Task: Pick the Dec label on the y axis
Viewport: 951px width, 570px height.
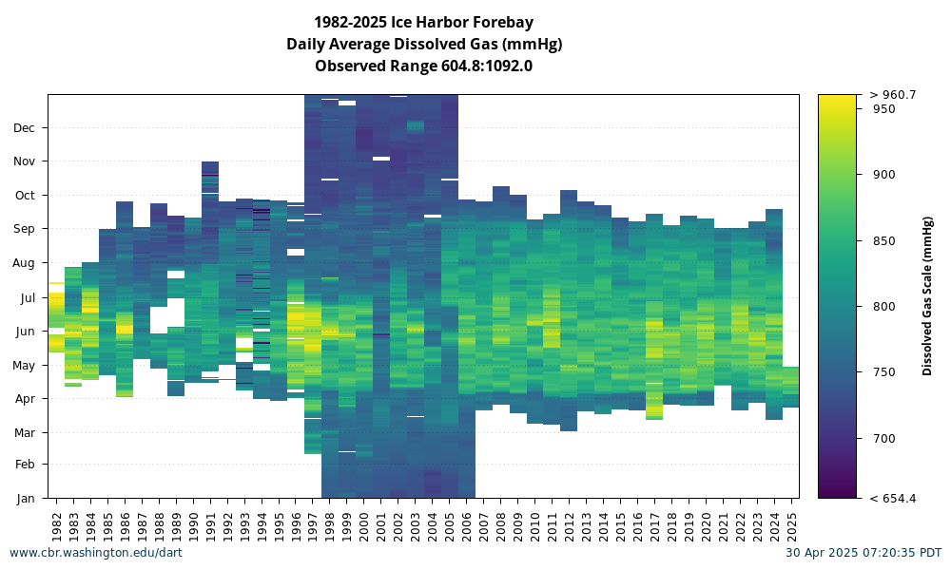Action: (25, 128)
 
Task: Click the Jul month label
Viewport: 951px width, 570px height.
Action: (28, 298)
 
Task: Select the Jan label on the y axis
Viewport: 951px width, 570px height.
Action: (26, 499)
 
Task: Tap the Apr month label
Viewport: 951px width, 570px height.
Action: (26, 399)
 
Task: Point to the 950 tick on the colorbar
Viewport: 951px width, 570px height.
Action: (883, 109)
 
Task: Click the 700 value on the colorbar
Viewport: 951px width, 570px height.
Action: (883, 439)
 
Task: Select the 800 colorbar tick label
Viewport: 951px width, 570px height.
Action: (883, 307)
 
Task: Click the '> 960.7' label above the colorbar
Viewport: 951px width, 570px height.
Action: (893, 94)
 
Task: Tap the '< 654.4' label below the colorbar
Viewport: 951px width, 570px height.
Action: (893, 499)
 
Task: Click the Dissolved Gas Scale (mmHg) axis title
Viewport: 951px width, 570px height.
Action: (926, 296)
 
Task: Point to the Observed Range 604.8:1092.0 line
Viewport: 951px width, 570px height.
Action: (423, 66)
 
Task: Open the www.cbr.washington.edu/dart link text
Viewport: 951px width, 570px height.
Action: (96, 553)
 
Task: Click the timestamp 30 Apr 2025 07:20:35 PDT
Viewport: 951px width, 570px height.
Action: (864, 553)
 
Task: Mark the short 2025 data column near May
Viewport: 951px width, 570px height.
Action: (791, 387)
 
